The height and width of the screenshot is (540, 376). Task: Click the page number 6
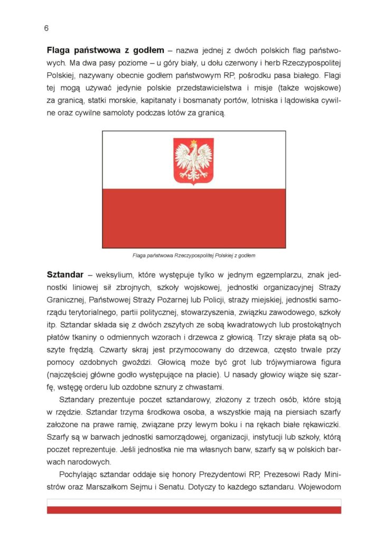[46, 28]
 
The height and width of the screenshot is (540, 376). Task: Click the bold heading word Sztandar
[65, 275]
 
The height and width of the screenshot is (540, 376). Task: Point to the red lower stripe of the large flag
[193, 218]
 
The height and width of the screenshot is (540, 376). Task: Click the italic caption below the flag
[194, 256]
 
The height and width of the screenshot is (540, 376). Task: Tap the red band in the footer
[194, 510]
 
